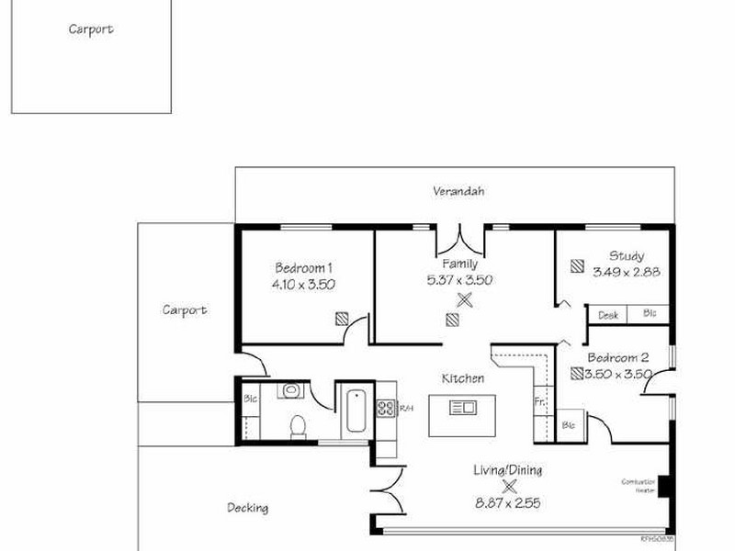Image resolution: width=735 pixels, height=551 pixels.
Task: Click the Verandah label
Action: coord(458,192)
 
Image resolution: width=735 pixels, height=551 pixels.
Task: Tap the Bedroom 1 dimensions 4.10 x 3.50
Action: coord(303,285)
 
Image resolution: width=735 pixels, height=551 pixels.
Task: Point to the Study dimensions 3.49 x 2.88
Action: coord(627,272)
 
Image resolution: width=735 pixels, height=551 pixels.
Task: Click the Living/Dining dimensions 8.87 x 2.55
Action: coord(507,503)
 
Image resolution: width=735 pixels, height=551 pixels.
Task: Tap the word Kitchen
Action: coord(463,378)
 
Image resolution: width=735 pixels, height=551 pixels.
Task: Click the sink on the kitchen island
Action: coord(462,407)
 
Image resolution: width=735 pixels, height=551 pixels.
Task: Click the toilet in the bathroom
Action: coord(298,426)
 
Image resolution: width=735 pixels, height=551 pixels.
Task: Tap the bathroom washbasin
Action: coord(291,391)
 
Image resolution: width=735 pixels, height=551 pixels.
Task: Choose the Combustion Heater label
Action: coord(638,486)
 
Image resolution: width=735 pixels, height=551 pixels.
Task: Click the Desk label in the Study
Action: coord(607,315)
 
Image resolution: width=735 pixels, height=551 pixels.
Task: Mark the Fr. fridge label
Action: coord(540,401)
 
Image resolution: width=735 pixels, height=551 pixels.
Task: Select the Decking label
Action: coord(248,508)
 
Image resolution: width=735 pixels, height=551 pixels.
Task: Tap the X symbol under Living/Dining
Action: coord(509,487)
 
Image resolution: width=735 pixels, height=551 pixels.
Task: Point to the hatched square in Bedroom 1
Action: coord(342,319)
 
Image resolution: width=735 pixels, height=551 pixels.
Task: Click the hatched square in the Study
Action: coord(576,266)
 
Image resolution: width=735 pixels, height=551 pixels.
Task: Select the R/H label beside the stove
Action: coord(406,408)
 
